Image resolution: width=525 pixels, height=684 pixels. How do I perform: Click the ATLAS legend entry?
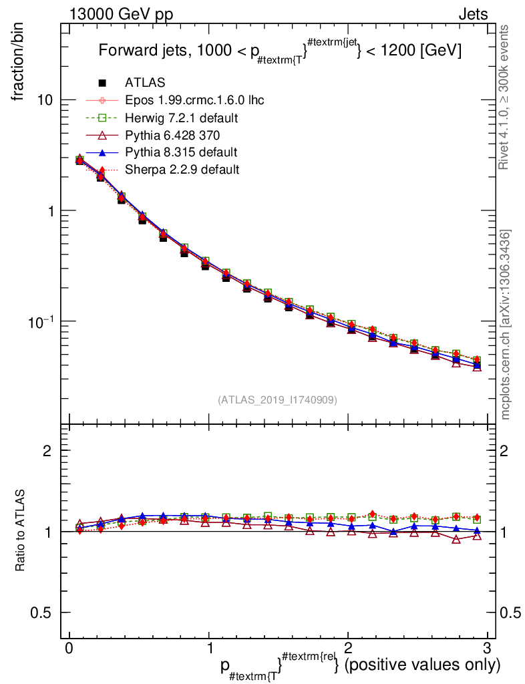144,83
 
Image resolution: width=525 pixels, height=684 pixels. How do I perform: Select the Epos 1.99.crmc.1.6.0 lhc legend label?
194,100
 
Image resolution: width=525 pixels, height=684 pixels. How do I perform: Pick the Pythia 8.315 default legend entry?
181,152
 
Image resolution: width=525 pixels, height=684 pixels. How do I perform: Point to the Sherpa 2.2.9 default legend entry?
182,170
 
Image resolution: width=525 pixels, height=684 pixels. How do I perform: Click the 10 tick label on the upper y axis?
45,100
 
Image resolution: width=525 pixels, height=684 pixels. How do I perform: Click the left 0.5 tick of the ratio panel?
43,613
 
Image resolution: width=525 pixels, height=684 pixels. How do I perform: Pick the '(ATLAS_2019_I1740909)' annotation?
277,400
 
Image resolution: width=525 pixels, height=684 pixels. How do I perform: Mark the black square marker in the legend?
102,83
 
